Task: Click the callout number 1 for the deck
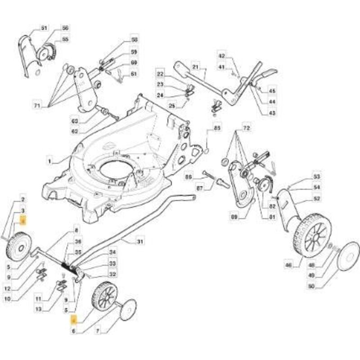(50, 160)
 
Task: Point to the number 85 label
(217, 128)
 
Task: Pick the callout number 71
(37, 106)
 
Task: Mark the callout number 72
(246, 128)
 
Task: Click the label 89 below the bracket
(233, 217)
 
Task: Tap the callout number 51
(44, 28)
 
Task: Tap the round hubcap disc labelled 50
(348, 256)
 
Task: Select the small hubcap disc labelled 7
(128, 310)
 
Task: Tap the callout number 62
(75, 131)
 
